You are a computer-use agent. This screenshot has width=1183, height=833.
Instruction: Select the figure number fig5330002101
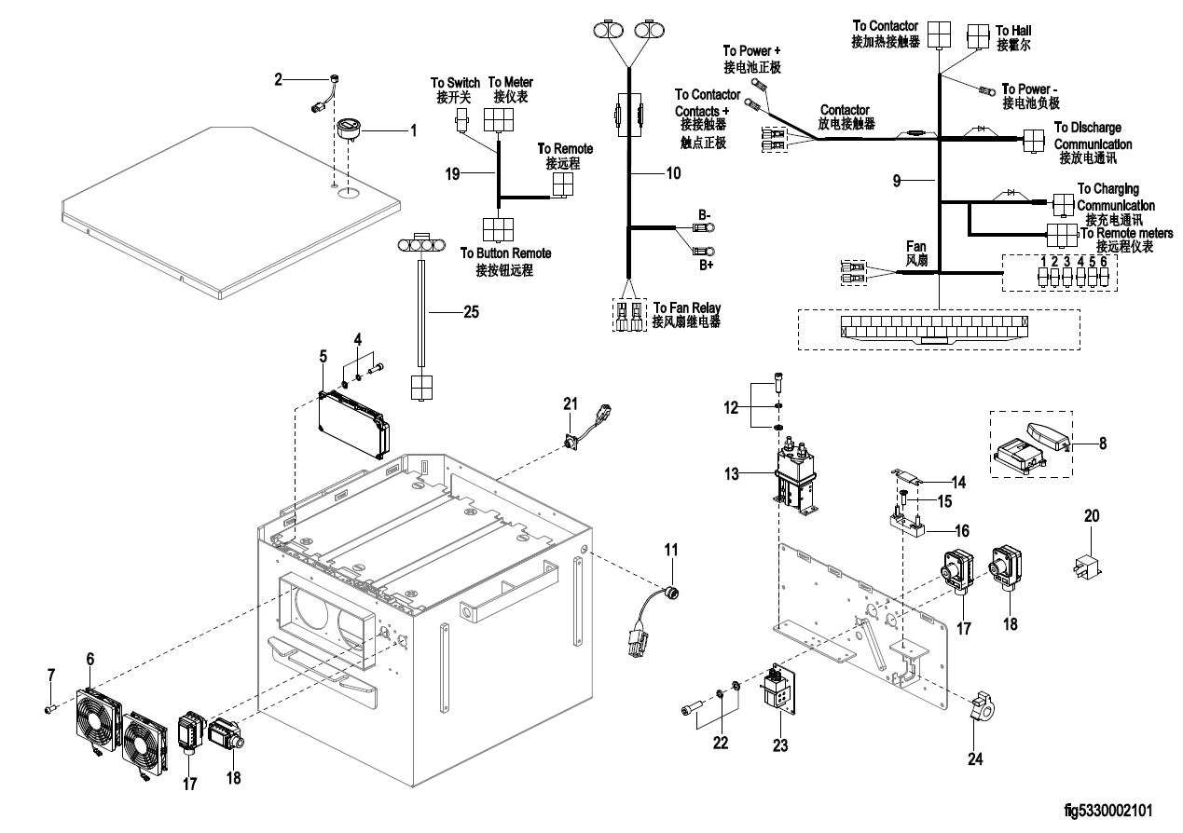1112,813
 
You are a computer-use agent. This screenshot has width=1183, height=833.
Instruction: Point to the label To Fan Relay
687,307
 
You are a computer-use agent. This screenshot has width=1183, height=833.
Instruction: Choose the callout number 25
474,313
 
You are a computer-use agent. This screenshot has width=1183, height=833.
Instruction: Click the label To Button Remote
505,253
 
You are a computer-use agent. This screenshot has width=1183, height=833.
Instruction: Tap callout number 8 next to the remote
1102,444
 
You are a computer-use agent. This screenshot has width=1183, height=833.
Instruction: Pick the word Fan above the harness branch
916,246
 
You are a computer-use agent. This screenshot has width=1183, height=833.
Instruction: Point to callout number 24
974,758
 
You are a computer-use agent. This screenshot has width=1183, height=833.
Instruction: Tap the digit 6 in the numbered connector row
1104,261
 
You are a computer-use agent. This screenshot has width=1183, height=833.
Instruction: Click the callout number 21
570,403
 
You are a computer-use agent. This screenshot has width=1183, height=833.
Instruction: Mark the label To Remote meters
1126,233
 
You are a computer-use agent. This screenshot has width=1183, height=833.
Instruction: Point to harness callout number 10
672,172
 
